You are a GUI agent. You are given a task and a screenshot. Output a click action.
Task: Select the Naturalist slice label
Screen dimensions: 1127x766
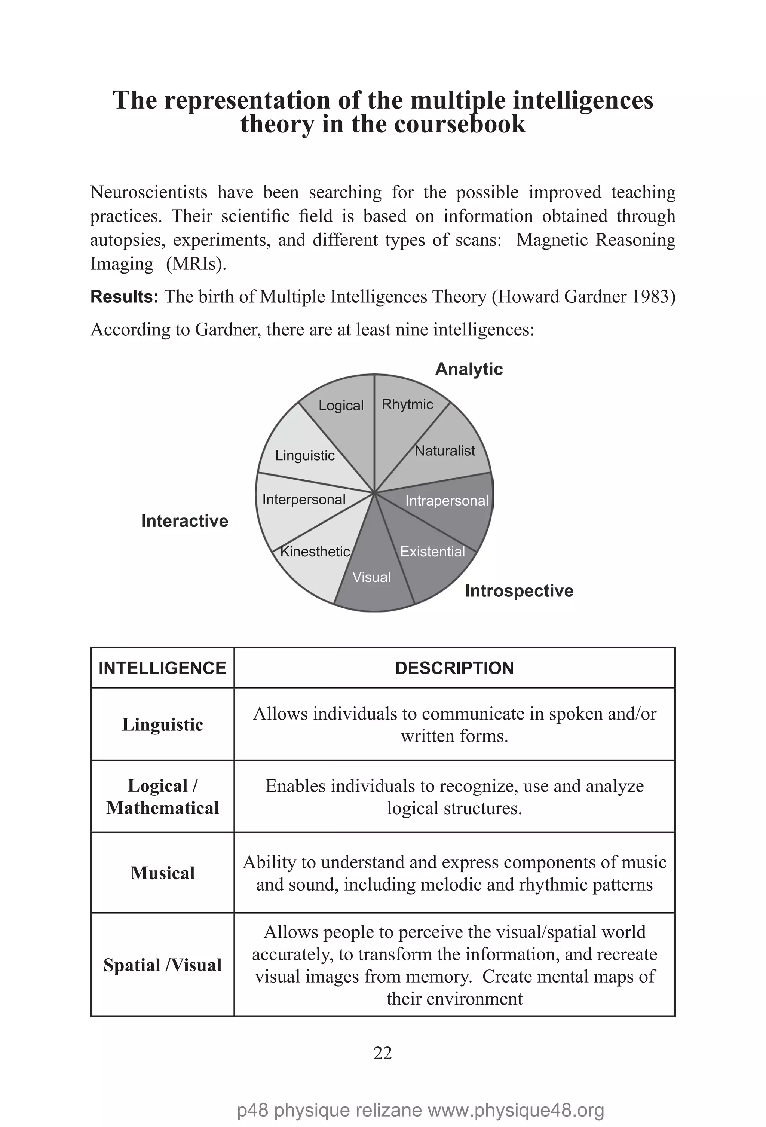pyautogui.click(x=445, y=451)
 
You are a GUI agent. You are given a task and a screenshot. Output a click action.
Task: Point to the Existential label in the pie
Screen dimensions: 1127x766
pyautogui.click(x=432, y=552)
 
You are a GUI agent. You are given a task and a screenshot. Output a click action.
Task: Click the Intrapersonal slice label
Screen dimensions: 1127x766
pyautogui.click(x=447, y=501)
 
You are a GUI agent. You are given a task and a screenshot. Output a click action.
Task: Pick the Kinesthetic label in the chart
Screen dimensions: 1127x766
pyautogui.click(x=315, y=552)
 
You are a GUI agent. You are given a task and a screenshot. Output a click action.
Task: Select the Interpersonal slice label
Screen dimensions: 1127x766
pyautogui.click(x=303, y=500)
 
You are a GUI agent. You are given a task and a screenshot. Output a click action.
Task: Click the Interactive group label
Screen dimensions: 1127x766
pyautogui.click(x=184, y=521)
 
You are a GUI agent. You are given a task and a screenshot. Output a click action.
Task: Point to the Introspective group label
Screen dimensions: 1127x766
pyautogui.click(x=519, y=591)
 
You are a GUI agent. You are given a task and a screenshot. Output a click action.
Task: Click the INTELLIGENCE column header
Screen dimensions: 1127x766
pyautogui.click(x=162, y=668)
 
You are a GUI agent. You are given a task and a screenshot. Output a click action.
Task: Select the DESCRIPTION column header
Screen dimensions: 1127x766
pyautogui.click(x=454, y=668)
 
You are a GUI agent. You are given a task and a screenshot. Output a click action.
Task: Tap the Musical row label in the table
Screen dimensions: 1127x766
pyautogui.click(x=162, y=873)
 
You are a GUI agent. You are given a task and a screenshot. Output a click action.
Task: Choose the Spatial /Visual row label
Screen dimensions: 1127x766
pyautogui.click(x=162, y=965)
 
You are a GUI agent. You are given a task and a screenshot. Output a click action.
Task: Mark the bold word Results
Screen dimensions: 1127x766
pyautogui.click(x=124, y=297)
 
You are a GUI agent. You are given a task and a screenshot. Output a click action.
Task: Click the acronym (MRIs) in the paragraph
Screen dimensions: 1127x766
pyautogui.click(x=196, y=264)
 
